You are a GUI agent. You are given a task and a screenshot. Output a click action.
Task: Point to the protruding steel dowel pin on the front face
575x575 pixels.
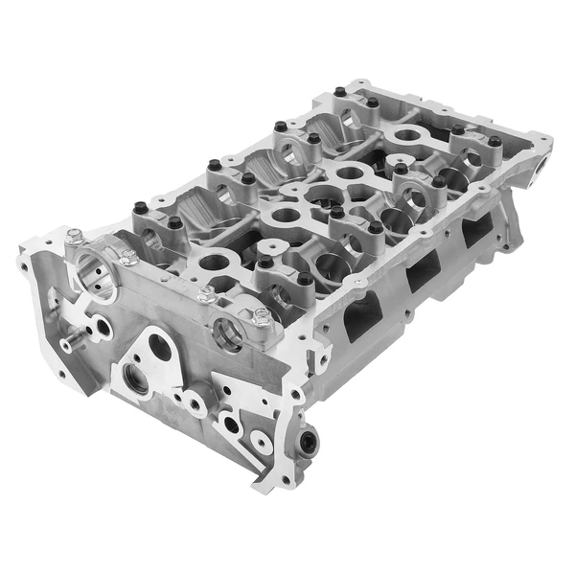[x=68, y=341]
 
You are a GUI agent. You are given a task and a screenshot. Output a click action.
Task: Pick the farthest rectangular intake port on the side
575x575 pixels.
[x=475, y=231]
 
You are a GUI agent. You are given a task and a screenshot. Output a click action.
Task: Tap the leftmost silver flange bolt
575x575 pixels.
[x=74, y=237]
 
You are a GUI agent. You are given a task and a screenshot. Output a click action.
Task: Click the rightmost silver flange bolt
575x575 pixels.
[x=261, y=315]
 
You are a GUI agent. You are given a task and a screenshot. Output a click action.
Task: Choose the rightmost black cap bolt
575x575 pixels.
[x=494, y=142]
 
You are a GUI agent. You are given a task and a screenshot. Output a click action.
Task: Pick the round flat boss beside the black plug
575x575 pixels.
[x=261, y=441]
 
